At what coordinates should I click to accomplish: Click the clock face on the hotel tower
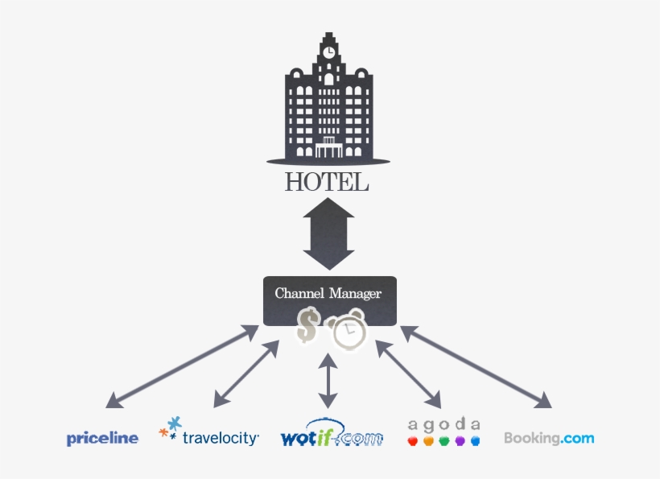[x=328, y=51]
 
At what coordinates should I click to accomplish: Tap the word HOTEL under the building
[x=327, y=183]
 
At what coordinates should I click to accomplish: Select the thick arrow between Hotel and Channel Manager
[x=328, y=234]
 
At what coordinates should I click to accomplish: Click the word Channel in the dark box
[x=299, y=294]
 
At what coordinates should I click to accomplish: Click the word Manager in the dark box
[x=355, y=294]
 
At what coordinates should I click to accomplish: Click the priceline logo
[x=102, y=439]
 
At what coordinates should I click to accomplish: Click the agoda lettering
[x=444, y=424]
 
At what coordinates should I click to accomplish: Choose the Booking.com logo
[x=549, y=439]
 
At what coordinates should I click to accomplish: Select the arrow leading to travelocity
[x=246, y=371]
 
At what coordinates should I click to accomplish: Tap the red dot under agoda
[x=413, y=441]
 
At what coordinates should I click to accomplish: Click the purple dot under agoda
[x=460, y=441]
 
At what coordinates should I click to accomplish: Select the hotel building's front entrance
[x=328, y=150]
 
